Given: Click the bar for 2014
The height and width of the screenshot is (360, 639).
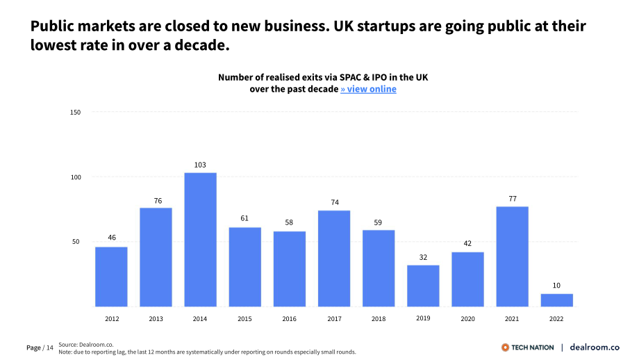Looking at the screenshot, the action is pyautogui.click(x=200, y=240).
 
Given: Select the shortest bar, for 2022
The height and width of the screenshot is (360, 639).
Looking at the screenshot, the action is pyautogui.click(x=556, y=300).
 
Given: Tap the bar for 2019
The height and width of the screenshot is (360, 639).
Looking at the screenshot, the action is pyautogui.click(x=423, y=286).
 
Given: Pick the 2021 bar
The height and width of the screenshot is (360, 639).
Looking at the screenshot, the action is pyautogui.click(x=513, y=256).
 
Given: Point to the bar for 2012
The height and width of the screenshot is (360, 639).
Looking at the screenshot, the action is pyautogui.click(x=111, y=277).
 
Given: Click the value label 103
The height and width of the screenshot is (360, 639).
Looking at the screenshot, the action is pyautogui.click(x=200, y=165).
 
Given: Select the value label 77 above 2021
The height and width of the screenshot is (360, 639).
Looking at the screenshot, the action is pyautogui.click(x=513, y=199).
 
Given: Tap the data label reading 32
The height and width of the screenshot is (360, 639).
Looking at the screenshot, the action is pyautogui.click(x=424, y=258).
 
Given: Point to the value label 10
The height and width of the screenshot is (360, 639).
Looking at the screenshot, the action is pyautogui.click(x=556, y=286).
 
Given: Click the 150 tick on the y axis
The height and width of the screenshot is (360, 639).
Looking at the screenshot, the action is pyautogui.click(x=76, y=113).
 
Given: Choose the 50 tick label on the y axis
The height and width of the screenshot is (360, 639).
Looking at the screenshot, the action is pyautogui.click(x=76, y=242).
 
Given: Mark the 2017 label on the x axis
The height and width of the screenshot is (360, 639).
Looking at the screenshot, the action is pyautogui.click(x=334, y=319).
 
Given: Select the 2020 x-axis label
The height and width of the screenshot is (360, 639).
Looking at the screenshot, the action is pyautogui.click(x=468, y=319).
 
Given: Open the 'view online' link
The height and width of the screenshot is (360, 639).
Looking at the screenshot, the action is pyautogui.click(x=368, y=89).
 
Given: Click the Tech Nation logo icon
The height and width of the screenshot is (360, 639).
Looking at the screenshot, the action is pyautogui.click(x=506, y=347).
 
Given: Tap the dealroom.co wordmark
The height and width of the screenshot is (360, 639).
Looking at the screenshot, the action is pyautogui.click(x=595, y=347).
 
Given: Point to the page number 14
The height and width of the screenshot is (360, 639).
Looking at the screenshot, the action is pyautogui.click(x=50, y=347).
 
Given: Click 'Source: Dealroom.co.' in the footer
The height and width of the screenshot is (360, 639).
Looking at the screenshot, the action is pyautogui.click(x=86, y=345).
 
